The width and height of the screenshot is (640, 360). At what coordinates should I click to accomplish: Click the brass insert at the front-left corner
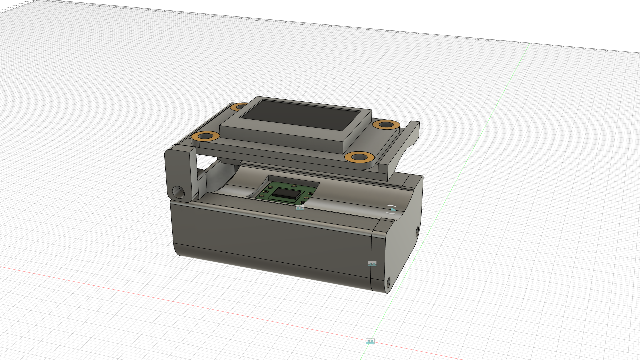[x=205, y=136]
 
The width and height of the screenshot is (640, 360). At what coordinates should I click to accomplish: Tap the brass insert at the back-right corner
[x=386, y=125]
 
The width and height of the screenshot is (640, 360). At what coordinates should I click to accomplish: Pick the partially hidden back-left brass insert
[x=238, y=107]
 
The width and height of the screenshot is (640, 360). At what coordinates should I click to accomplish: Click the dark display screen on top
[x=300, y=115]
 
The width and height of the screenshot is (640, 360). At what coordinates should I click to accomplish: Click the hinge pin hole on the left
[x=178, y=192]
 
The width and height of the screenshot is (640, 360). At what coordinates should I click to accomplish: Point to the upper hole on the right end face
[x=417, y=231]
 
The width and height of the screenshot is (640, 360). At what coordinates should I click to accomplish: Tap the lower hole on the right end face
[x=388, y=283]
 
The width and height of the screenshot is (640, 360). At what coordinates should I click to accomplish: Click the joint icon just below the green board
[x=300, y=208]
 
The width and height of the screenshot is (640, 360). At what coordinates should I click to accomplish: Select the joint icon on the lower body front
[x=372, y=264]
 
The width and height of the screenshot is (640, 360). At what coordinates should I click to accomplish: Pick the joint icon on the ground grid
[x=370, y=341]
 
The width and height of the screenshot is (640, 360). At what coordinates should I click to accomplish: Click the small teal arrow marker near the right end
[x=393, y=210]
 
